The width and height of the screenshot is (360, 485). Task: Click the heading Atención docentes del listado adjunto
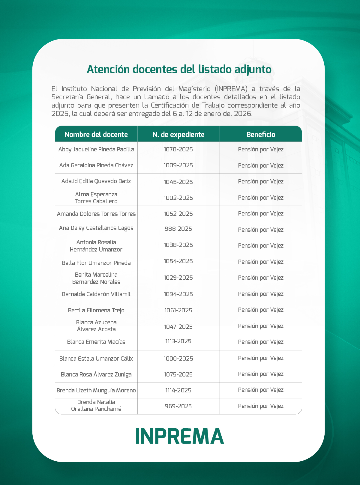[179, 69]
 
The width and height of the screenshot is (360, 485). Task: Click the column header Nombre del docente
[96, 135]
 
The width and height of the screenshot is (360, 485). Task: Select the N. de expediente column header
[178, 135]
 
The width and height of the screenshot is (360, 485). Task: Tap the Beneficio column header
[261, 135]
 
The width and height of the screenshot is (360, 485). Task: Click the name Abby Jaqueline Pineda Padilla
[96, 149]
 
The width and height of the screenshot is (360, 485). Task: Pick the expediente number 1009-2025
[178, 165]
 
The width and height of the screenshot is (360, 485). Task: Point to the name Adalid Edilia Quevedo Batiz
[96, 181]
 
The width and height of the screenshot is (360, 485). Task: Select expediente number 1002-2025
[178, 198]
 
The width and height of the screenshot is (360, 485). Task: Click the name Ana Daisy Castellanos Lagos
[96, 228]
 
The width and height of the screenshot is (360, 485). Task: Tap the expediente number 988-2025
[178, 229]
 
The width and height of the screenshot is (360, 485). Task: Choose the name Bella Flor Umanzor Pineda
[96, 263]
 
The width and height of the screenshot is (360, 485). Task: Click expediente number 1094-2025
[178, 294]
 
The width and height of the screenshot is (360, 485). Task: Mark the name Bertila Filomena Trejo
[96, 310]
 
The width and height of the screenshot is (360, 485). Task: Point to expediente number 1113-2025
[178, 341]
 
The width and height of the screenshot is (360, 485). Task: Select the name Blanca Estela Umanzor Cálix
[96, 359]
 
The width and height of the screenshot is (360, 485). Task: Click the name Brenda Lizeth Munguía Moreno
[96, 390]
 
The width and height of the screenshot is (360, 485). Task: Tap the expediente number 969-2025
[178, 406]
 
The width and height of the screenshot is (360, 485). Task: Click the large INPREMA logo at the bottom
[180, 436]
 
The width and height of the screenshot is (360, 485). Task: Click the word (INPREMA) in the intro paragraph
[231, 89]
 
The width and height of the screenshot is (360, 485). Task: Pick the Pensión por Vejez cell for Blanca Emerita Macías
[261, 342]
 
